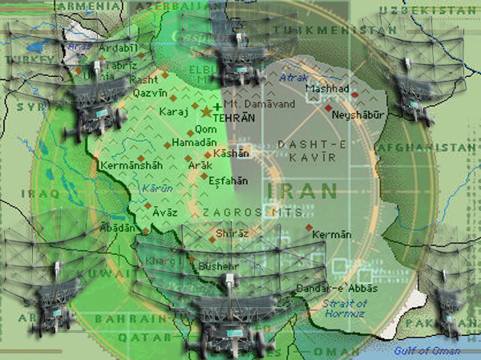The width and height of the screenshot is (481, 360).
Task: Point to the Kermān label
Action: tap(332, 234)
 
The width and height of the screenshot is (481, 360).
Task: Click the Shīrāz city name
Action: tap(232, 233)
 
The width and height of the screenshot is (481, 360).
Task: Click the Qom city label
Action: tap(206, 130)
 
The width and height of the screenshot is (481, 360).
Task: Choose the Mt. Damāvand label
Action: tap(259, 104)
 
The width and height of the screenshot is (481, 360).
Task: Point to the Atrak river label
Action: tap(293, 78)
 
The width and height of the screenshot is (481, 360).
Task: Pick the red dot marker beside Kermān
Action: tap(309, 228)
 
